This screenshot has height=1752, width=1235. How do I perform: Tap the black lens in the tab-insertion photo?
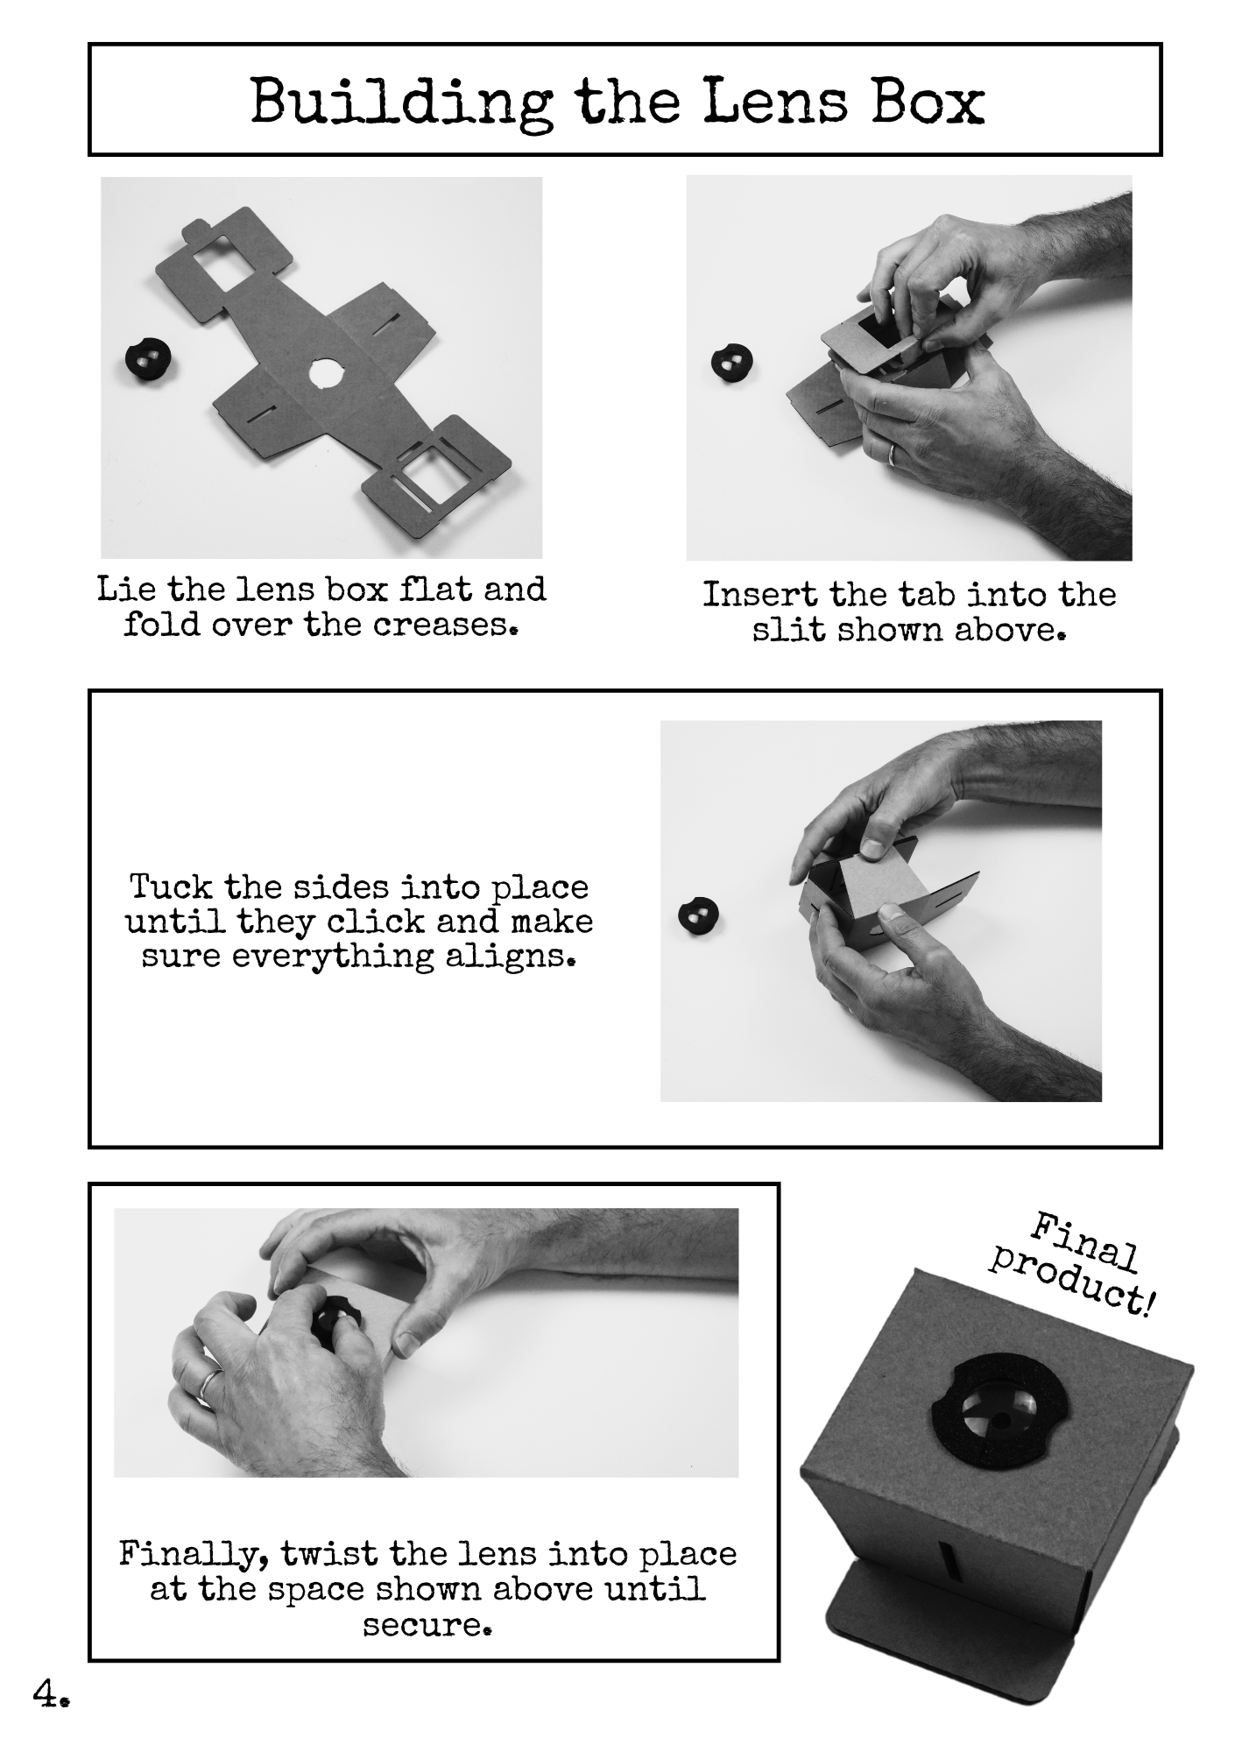click(x=732, y=362)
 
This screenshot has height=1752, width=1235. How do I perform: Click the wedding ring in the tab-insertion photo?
click(x=891, y=454)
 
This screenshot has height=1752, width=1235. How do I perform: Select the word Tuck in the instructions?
click(x=171, y=887)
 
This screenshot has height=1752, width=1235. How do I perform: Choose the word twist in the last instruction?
click(x=329, y=1554)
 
